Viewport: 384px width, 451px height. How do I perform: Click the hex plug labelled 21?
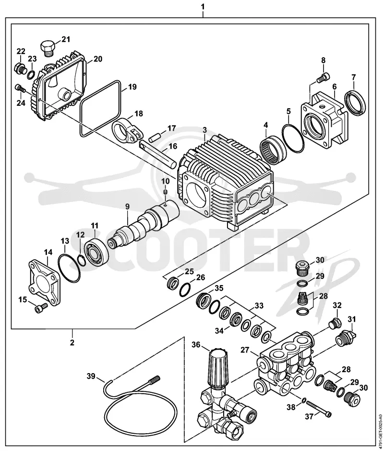[47, 48]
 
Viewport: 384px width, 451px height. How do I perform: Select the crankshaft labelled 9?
[143, 223]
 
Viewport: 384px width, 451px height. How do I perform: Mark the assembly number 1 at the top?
[203, 6]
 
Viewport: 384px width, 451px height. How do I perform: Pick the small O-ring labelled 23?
[31, 75]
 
